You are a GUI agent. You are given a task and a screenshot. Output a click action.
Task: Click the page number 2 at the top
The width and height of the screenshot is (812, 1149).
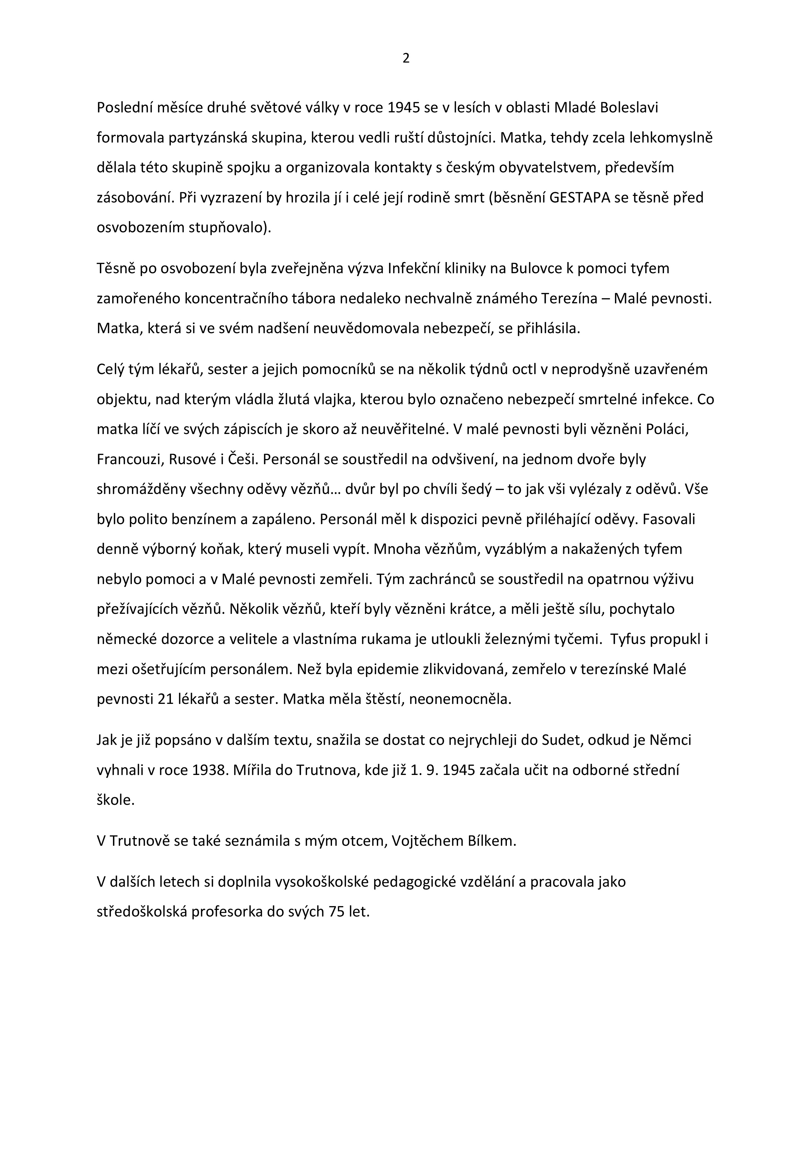coord(406,59)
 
